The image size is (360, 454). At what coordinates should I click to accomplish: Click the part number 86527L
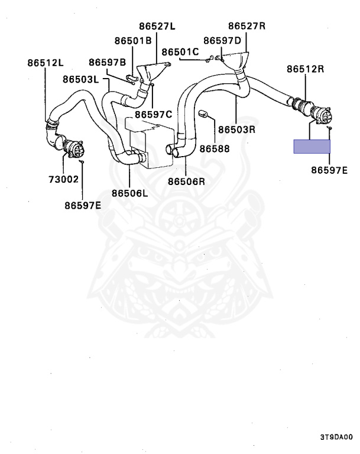click(158, 27)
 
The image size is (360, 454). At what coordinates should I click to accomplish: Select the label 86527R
click(247, 26)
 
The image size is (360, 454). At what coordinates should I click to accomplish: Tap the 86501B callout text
click(133, 40)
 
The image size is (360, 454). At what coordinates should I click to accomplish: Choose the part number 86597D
click(222, 40)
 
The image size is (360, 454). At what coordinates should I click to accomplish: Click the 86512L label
click(45, 62)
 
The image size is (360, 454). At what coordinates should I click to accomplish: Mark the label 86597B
click(108, 62)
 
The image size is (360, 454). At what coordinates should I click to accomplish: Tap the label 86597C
click(153, 114)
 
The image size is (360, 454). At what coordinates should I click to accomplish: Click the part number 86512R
click(306, 69)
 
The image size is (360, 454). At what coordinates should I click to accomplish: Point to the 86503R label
click(236, 128)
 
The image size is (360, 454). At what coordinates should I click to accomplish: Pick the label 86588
click(214, 149)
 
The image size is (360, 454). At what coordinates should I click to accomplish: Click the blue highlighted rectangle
click(312, 146)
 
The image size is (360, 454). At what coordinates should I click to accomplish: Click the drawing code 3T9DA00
click(336, 438)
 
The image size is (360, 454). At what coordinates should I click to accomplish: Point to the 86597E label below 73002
click(83, 206)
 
